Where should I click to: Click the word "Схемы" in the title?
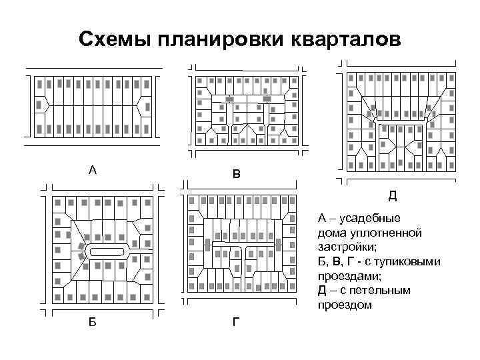tap(114, 39)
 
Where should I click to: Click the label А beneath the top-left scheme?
tap(93, 170)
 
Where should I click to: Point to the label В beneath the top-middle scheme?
tap(237, 175)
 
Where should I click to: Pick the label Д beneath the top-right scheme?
tap(393, 195)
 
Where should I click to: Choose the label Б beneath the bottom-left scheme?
tap(92, 322)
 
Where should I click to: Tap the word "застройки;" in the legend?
tap(347, 247)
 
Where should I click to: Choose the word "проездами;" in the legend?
tap(349, 276)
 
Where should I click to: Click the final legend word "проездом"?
tap(345, 305)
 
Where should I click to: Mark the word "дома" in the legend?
tap(332, 233)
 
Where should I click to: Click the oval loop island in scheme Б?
tap(107, 252)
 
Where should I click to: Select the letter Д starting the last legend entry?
tap(323, 291)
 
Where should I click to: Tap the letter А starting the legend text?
tap(323, 218)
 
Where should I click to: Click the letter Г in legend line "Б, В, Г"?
tap(353, 261)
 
